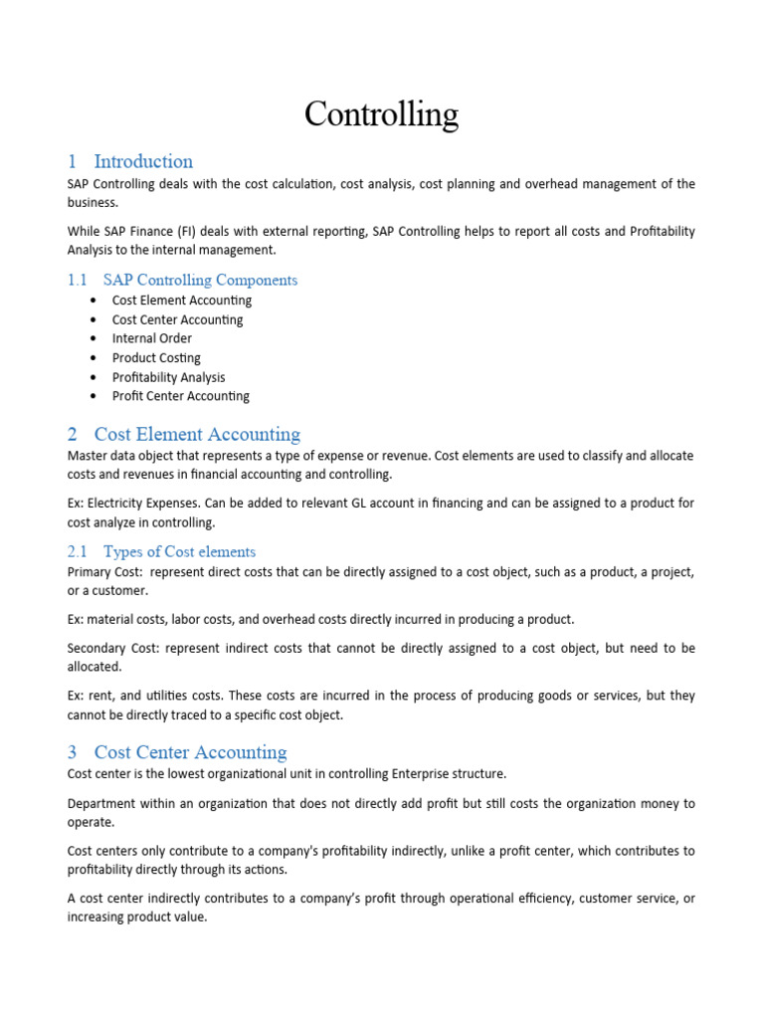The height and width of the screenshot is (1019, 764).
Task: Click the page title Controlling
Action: click(381, 114)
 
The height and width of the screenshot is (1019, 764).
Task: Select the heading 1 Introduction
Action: click(130, 161)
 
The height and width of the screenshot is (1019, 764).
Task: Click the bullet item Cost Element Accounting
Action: click(181, 301)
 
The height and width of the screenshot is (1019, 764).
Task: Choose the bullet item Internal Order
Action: click(151, 338)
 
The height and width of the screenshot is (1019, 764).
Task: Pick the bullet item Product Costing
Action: click(156, 357)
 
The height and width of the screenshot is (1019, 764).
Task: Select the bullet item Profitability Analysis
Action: click(168, 377)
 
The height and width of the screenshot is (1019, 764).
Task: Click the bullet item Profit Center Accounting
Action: click(180, 396)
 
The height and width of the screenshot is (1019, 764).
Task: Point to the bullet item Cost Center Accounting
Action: click(177, 319)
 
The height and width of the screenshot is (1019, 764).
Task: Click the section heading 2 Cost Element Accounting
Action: click(184, 434)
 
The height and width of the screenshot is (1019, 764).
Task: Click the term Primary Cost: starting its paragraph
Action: click(104, 572)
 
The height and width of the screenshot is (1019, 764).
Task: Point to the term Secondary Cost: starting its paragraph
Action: click(112, 648)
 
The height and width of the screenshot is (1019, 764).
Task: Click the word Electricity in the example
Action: click(117, 504)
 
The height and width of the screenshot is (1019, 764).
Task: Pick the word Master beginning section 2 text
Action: click(88, 455)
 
